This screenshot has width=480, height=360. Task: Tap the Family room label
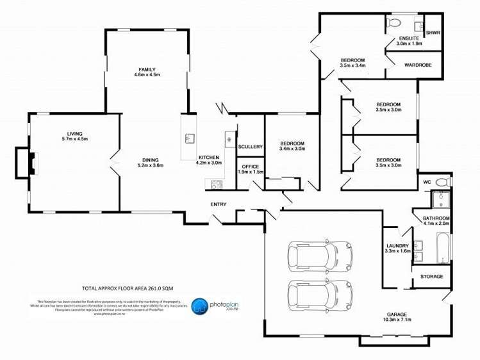[147, 69]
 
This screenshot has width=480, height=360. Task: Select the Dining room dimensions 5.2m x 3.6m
[150, 165]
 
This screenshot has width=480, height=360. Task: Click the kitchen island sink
[189, 138]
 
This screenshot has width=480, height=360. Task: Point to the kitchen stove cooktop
[217, 184]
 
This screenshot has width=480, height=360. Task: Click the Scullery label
[250, 147]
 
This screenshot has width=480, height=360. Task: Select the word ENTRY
[219, 204]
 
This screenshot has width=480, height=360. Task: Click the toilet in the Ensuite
[394, 24]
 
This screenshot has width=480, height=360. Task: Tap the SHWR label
[433, 33]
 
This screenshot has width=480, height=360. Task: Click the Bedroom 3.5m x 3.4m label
[352, 62]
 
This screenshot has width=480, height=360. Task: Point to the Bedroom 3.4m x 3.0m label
[292, 145]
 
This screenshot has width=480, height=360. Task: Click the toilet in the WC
[442, 183]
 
